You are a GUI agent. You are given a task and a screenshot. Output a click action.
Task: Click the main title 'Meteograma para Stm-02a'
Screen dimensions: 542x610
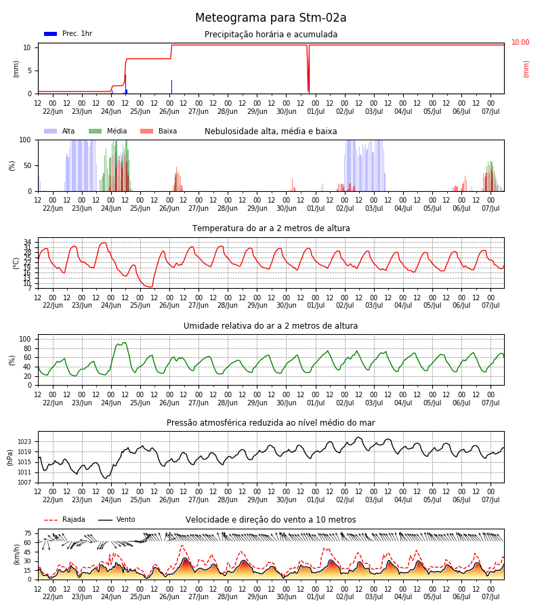point(270,18)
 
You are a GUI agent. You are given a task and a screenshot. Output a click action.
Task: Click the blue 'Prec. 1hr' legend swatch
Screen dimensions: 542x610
point(51,34)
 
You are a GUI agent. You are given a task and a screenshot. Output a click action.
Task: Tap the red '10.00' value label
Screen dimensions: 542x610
point(520,42)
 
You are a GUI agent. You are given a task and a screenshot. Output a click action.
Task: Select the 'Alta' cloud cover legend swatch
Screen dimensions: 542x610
point(51,131)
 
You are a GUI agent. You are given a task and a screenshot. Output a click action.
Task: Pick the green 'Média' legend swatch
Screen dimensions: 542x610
point(96,131)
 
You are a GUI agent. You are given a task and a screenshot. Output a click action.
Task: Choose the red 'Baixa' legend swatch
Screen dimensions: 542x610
point(146,131)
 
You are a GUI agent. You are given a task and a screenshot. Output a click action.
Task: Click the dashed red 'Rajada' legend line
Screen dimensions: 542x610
point(51,520)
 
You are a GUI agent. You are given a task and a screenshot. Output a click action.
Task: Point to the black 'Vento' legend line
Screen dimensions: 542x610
point(105,520)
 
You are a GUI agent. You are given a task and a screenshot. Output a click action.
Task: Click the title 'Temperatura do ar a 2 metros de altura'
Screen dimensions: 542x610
point(271,228)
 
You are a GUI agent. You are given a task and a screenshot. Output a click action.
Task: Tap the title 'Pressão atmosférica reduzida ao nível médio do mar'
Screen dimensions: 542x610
point(271,423)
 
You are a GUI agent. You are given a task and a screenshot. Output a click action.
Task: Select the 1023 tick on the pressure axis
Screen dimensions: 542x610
point(24,442)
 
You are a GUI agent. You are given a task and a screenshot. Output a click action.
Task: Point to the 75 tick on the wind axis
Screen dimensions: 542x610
point(28,533)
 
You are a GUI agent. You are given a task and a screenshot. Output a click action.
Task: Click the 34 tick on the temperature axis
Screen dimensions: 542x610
point(28,243)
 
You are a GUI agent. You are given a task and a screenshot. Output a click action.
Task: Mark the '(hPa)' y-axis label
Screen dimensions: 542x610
point(10,457)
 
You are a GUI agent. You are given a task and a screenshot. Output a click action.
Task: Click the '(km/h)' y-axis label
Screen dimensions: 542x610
point(16,554)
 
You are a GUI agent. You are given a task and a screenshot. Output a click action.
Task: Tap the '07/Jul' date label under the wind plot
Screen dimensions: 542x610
point(491,596)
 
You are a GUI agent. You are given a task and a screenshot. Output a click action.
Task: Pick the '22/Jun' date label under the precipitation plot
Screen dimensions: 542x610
point(52,111)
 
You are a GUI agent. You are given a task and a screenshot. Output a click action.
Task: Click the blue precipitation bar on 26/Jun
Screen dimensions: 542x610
point(171,87)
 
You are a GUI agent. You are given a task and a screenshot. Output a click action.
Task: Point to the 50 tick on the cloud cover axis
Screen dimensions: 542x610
point(27,166)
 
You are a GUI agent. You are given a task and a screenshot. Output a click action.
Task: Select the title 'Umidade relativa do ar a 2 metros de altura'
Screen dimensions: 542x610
point(270,326)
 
